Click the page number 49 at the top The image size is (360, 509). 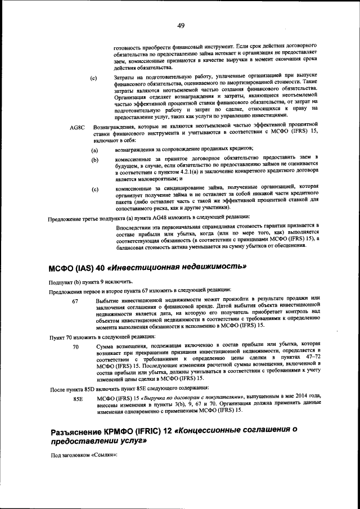point(181,25)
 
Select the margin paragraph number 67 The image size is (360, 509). point(75,301)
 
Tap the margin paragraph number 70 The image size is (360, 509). point(75,347)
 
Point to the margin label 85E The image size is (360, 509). point(78,399)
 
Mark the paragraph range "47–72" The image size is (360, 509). point(309,358)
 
